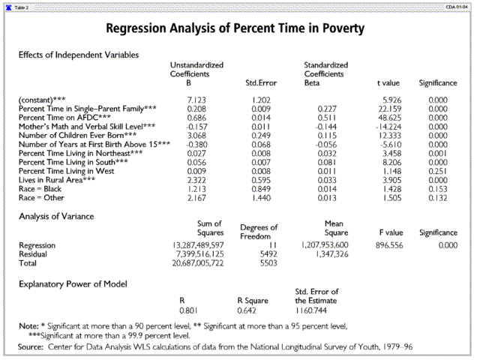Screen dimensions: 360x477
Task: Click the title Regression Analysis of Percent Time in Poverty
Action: pyautogui.click(x=235, y=29)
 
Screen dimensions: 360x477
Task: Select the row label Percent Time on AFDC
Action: pyautogui.click(x=64, y=118)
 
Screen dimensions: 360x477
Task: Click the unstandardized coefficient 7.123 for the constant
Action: pyautogui.click(x=195, y=100)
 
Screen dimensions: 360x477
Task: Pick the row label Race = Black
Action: pyautogui.click(x=42, y=188)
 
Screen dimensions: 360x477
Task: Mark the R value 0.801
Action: pyautogui.click(x=187, y=310)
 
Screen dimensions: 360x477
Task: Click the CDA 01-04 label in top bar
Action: pyautogui.click(x=456, y=6)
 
